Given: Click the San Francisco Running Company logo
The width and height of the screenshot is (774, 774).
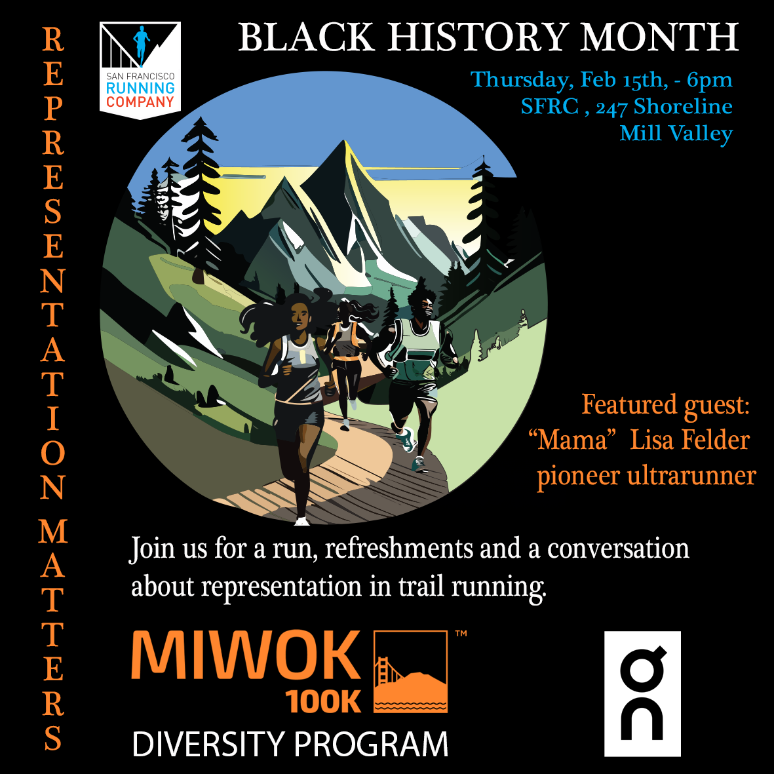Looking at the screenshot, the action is [140, 69].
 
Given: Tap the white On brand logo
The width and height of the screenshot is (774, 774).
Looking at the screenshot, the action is [642, 693].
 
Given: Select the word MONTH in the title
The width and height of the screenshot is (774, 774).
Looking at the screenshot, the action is [659, 37].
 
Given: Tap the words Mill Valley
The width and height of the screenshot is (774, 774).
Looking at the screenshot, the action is [676, 134].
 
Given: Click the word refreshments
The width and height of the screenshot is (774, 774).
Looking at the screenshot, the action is [399, 549].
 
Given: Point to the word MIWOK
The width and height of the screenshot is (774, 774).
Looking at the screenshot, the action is [246, 655].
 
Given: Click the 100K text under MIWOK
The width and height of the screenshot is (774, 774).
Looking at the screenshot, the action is [323, 701].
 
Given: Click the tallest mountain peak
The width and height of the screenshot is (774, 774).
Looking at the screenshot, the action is [345, 142].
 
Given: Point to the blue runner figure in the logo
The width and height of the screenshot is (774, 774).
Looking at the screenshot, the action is [141, 46].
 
